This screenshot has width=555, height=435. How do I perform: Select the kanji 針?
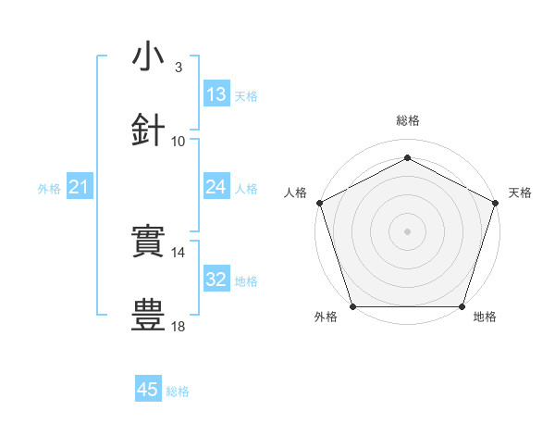[x=149, y=130]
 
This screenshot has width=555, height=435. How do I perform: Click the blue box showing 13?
[x=216, y=94]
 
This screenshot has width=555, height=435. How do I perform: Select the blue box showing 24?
[x=216, y=188]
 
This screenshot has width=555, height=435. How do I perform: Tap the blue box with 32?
[x=216, y=280]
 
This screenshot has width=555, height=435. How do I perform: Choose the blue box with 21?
[x=80, y=188]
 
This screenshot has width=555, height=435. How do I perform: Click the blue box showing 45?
[x=148, y=390]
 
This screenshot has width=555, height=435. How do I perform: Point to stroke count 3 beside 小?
[x=179, y=68]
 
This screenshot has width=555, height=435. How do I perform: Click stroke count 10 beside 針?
[x=179, y=142]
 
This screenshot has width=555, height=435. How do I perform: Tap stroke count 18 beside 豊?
[x=179, y=327]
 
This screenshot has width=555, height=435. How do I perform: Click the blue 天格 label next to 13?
[x=245, y=95]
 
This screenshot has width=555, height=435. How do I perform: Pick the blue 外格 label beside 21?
[x=49, y=189]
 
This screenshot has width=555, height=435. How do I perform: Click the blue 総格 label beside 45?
[x=178, y=391]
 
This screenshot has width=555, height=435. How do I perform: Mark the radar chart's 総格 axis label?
[x=408, y=120]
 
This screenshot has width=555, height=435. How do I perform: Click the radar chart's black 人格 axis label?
[x=296, y=192]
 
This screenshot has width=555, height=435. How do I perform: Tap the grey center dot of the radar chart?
[x=408, y=230]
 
